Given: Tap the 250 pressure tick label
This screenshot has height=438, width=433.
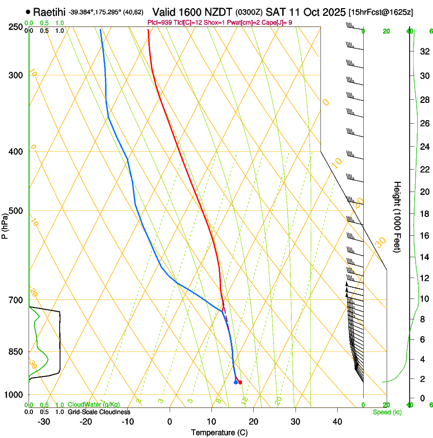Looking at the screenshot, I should [16, 27].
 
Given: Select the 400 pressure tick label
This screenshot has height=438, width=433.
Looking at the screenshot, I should [16, 152].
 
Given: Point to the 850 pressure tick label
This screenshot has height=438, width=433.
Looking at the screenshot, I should [16, 351].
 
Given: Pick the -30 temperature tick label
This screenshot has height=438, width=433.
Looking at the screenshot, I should [43, 421].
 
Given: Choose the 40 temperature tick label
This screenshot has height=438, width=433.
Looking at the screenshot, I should [337, 421].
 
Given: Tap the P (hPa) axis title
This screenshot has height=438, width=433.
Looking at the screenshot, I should [5, 224].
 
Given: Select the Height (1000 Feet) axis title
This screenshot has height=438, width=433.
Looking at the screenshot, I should [397, 216].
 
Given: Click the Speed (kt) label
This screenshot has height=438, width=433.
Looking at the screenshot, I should [387, 412].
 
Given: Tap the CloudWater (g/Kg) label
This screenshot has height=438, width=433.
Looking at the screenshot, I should [87, 405].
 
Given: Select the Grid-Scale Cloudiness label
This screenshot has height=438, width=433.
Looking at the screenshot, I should [99, 412].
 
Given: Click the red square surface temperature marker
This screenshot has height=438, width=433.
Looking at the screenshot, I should [240, 382].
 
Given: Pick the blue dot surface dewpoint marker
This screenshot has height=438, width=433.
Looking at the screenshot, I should [235, 382].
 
